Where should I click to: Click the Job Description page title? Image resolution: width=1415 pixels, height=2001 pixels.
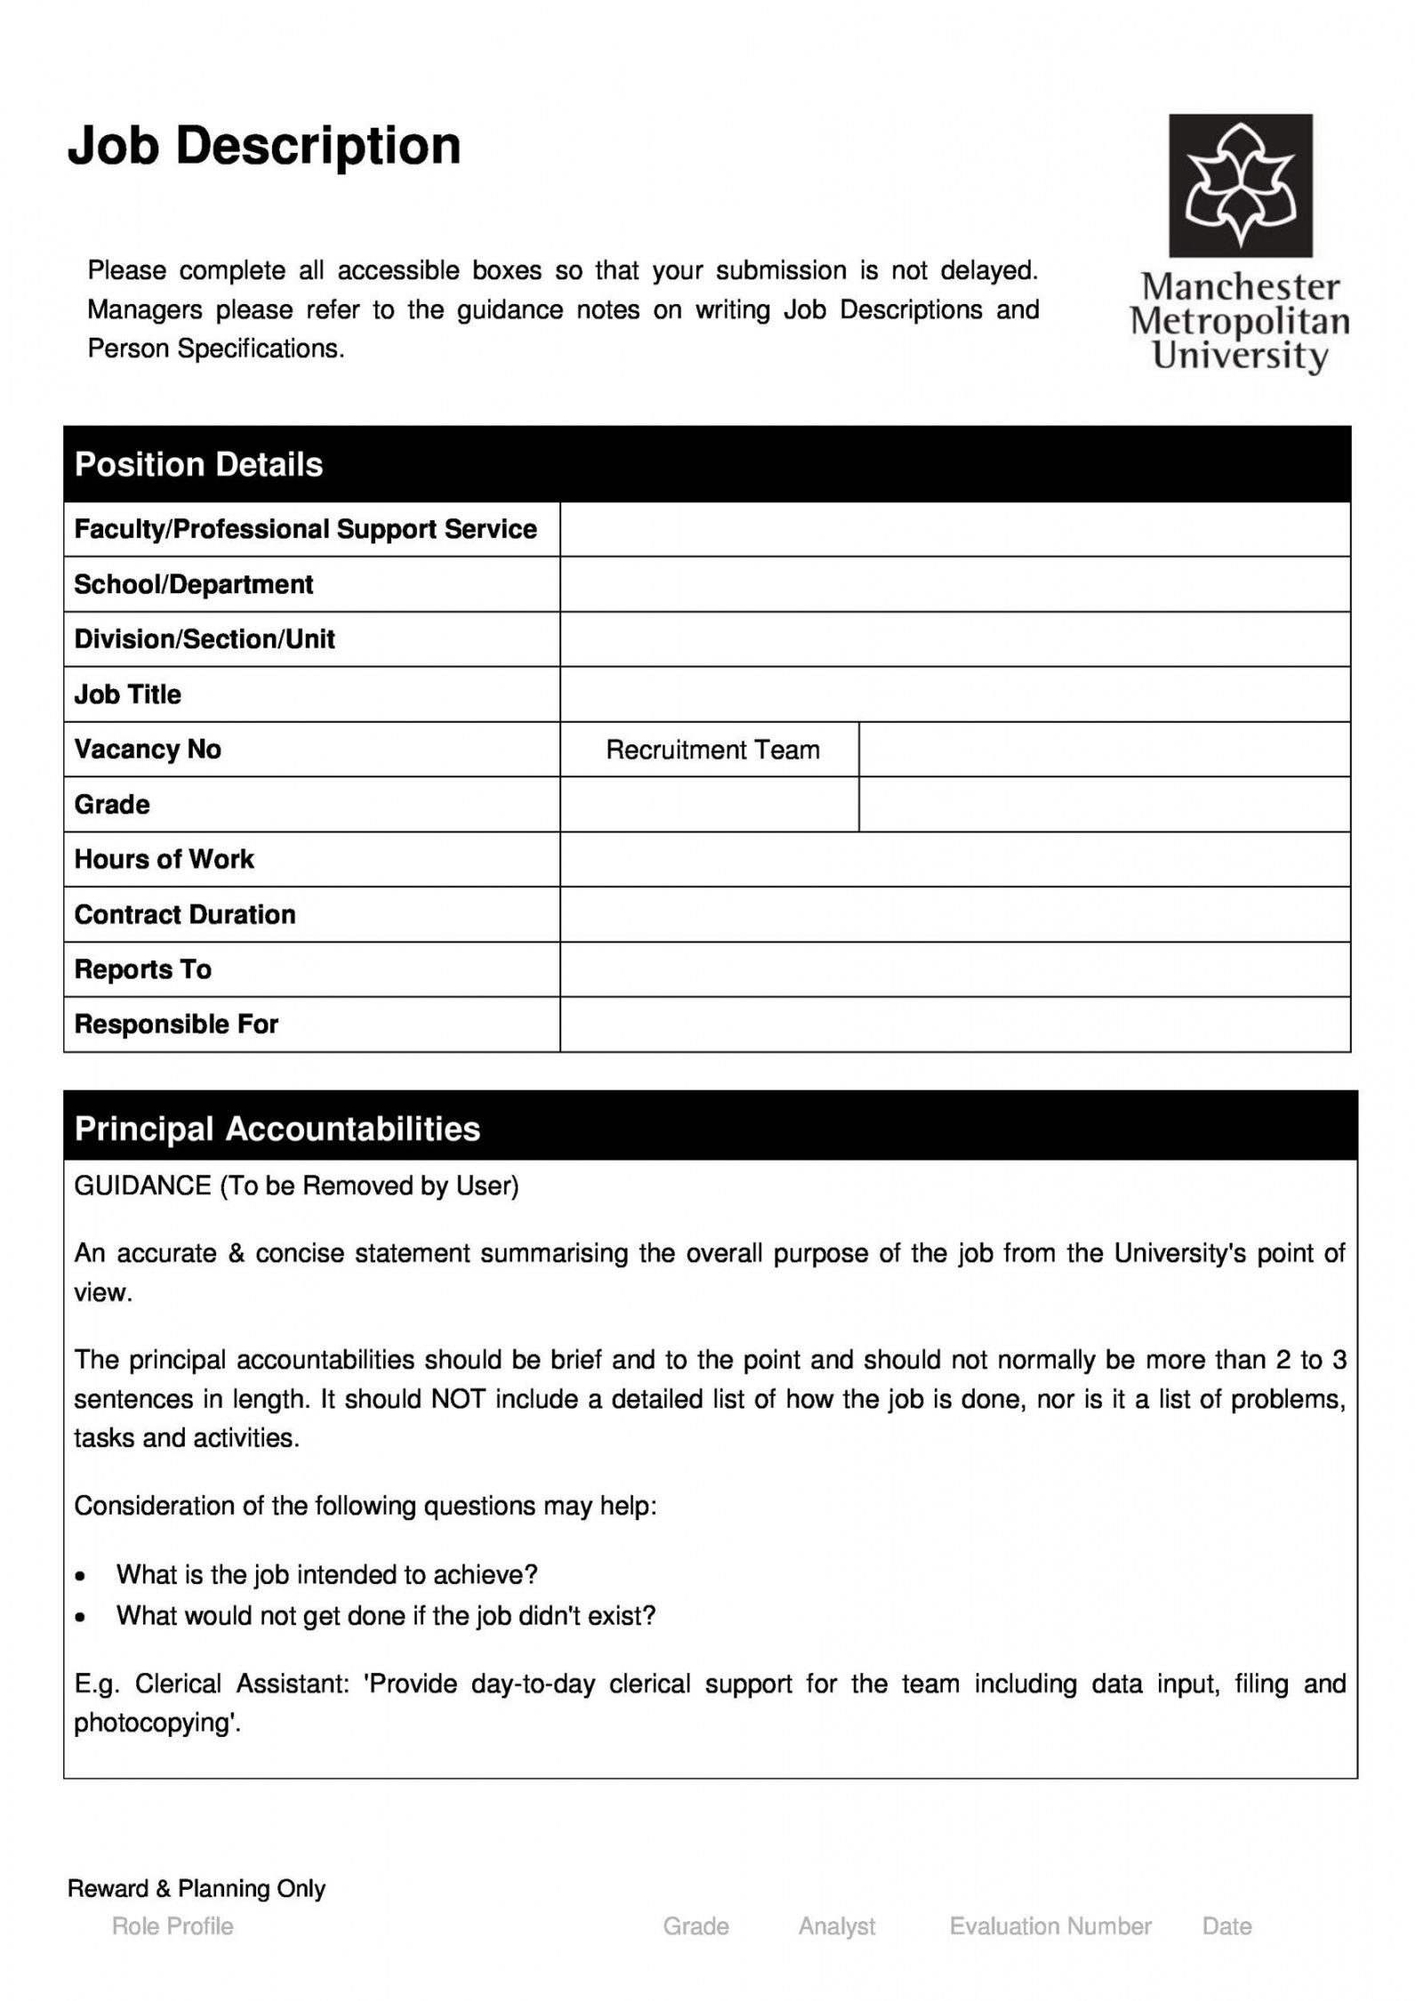tap(264, 146)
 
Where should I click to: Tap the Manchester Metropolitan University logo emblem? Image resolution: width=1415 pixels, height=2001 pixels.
tap(1240, 185)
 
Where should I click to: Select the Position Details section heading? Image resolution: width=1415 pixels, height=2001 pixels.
tap(198, 464)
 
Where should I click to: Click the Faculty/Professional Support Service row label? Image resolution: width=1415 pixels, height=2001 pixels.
tap(305, 529)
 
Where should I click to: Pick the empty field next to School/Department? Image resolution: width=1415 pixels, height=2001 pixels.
tap(954, 584)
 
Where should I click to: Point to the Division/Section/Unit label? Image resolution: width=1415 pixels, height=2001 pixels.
tap(205, 639)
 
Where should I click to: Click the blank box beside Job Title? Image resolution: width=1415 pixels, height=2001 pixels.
tap(954, 695)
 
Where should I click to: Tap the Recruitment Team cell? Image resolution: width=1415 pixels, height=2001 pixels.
tap(712, 750)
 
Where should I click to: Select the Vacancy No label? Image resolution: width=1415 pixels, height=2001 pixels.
tap(148, 750)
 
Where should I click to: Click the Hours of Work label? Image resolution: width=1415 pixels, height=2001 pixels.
tap(164, 859)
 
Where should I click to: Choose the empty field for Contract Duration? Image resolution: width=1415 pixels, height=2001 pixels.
tap(954, 914)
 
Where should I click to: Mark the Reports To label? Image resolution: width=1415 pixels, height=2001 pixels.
tap(142, 969)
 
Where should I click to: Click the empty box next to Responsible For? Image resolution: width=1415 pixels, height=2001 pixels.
tap(954, 1025)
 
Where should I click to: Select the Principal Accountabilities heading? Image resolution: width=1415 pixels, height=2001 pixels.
tap(277, 1129)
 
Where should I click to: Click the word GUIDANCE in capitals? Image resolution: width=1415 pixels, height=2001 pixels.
tap(142, 1186)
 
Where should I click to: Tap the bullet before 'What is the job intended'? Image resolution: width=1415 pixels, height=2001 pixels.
tap(81, 1576)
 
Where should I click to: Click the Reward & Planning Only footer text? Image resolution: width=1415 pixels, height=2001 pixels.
tap(197, 1889)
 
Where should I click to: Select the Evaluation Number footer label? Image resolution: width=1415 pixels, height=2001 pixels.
tap(1050, 1926)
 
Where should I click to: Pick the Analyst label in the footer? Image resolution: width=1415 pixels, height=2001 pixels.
tap(836, 1926)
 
